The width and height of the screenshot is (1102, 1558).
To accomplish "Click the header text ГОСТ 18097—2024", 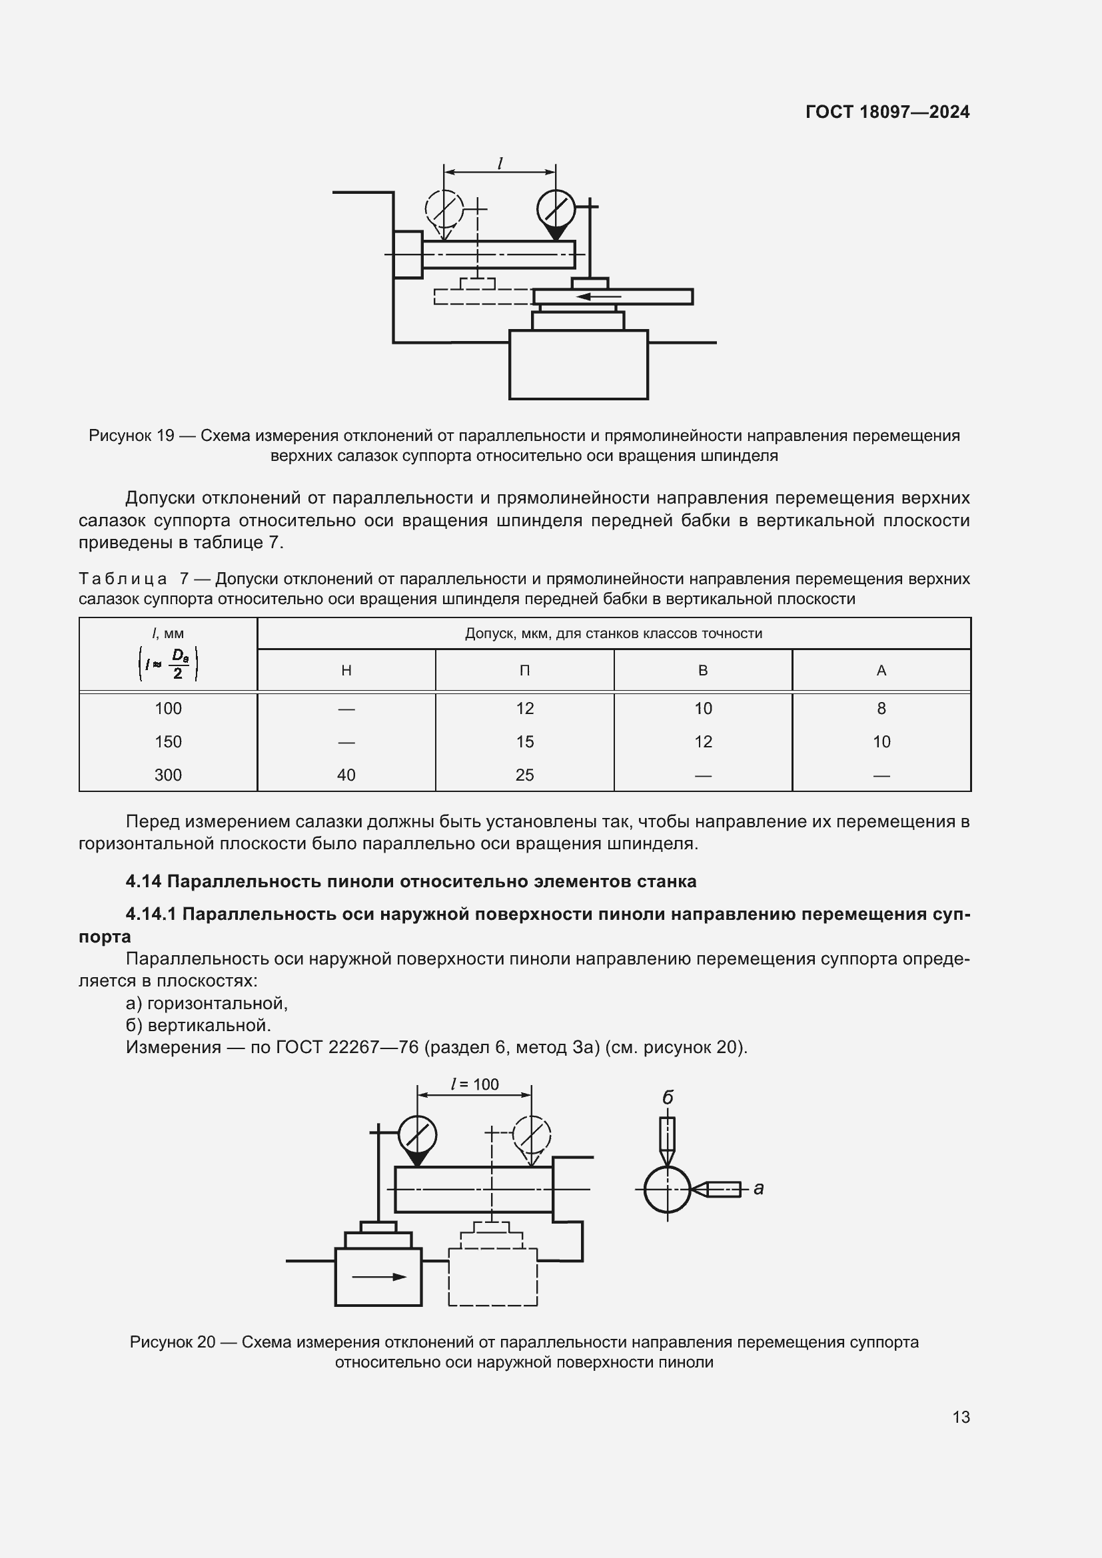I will [x=887, y=112].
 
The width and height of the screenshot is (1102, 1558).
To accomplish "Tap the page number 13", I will [x=961, y=1417].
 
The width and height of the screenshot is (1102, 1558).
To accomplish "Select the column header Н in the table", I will [x=346, y=671].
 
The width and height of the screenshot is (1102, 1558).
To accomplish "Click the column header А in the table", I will [x=881, y=671].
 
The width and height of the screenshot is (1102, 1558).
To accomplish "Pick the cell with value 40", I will [x=346, y=775].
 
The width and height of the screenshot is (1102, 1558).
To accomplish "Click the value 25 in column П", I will [x=524, y=775].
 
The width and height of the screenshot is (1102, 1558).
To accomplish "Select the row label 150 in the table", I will [x=168, y=741].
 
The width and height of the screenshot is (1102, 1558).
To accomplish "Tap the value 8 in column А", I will [x=881, y=709].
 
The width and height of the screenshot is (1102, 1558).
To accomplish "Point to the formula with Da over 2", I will [x=168, y=663].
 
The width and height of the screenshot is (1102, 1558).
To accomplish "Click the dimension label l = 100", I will [x=475, y=1084].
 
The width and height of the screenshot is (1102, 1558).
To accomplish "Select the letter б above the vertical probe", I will [x=667, y=1098].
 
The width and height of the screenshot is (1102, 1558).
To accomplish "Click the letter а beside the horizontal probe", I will [x=759, y=1188].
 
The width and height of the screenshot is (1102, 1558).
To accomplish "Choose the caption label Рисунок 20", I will [x=173, y=1342].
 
